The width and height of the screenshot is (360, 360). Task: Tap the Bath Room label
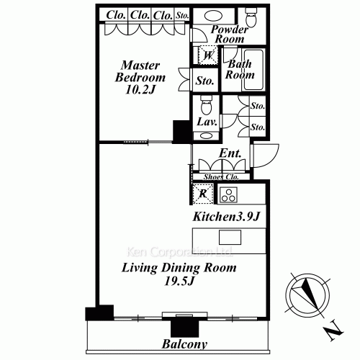pyautogui.click(x=240, y=69)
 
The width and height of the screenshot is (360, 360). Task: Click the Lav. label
pyautogui.click(x=206, y=122)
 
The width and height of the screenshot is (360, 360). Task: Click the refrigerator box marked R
pyautogui.click(x=203, y=193)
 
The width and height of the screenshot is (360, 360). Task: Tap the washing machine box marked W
pyautogui.click(x=207, y=55)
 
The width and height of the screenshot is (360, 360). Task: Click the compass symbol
pyautogui.click(x=306, y=296)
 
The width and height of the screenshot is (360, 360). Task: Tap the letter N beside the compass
pyautogui.click(x=332, y=333)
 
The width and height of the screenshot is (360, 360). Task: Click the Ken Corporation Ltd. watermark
pyautogui.click(x=179, y=253)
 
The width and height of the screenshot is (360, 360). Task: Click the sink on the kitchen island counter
pyautogui.click(x=230, y=237)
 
